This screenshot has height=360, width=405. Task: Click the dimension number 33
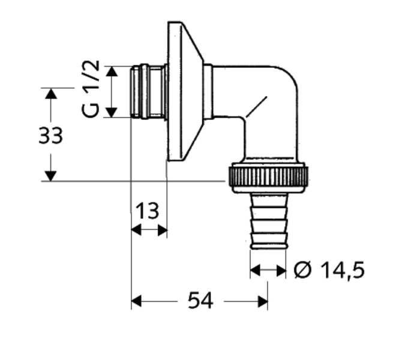click(50, 136)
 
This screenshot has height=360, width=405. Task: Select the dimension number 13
click(147, 211)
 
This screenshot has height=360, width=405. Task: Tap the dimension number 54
click(200, 301)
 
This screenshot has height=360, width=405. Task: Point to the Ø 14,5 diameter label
click(329, 270)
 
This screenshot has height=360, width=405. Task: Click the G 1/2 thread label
click(90, 89)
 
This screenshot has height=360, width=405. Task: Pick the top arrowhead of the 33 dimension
click(50, 93)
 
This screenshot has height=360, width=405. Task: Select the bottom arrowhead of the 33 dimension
click(50, 176)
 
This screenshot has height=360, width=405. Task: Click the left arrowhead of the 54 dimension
click(136, 301)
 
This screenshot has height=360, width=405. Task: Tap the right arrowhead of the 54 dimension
click(263, 301)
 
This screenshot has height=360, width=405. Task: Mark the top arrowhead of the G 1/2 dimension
click(112, 71)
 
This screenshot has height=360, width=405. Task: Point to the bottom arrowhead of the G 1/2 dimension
click(112, 112)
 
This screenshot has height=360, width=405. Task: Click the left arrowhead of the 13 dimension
click(136, 230)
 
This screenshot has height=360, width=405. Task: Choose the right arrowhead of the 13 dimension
click(162, 230)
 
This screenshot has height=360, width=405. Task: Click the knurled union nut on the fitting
click(268, 178)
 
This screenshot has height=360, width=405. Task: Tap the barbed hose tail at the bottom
click(269, 221)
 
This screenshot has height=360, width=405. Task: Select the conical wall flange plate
click(185, 91)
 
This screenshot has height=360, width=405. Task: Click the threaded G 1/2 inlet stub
click(148, 92)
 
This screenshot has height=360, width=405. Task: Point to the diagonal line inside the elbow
click(256, 107)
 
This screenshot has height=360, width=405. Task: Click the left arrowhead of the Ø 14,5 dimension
click(255, 270)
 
